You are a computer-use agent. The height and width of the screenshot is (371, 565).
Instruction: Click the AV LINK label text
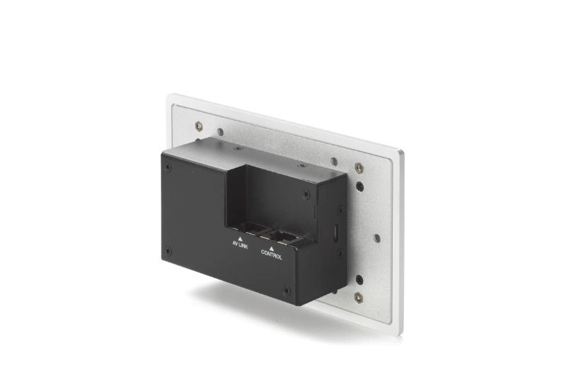[x=240, y=245]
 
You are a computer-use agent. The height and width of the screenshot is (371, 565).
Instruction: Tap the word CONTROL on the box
[x=272, y=255]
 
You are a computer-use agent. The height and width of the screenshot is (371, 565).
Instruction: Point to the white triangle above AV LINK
[x=240, y=238]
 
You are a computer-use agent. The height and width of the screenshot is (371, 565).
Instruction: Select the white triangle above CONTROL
[x=272, y=248]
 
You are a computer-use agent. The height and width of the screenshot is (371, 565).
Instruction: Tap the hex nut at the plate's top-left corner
[x=198, y=126]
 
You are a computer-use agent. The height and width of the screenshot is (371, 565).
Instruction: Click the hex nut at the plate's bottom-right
[x=359, y=297]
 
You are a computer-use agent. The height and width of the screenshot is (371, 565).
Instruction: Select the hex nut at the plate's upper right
[x=359, y=167]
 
